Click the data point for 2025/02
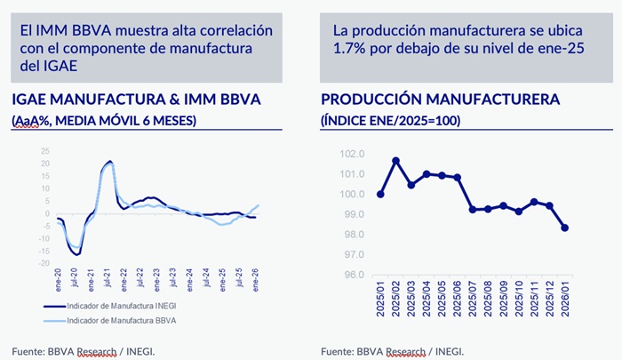(x=395, y=161)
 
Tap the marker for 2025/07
(x=473, y=210)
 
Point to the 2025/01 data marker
(x=380, y=194)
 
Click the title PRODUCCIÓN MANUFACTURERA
(x=440, y=99)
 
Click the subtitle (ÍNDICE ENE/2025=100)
(x=390, y=120)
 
